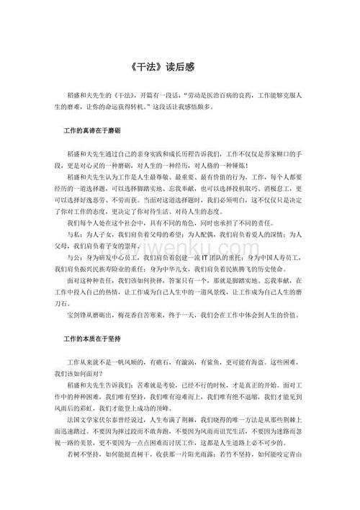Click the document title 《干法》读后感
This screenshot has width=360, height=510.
click(x=180, y=66)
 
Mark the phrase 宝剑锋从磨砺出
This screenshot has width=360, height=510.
click(x=91, y=316)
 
